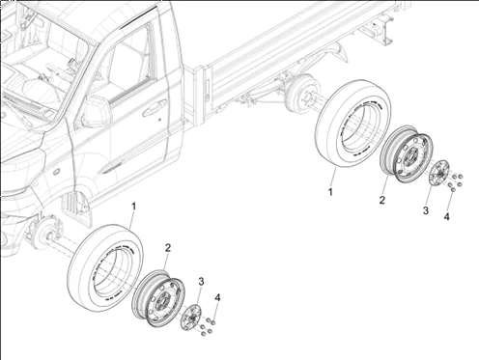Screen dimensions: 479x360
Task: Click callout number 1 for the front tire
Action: (x=133, y=207)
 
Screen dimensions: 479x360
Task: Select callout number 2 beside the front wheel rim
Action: (x=168, y=248)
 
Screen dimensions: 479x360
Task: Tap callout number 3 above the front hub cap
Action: (x=201, y=282)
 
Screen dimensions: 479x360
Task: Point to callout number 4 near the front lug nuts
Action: (x=217, y=297)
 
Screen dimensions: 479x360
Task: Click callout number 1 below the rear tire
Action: (x=330, y=192)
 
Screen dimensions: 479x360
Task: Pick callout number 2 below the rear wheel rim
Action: (x=382, y=200)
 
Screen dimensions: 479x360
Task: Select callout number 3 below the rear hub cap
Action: (x=426, y=210)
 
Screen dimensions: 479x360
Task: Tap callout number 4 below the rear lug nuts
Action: (x=446, y=217)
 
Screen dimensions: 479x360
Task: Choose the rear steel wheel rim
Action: (x=407, y=154)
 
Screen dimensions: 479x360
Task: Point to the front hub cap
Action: (x=191, y=317)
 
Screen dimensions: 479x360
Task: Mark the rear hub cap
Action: (x=439, y=173)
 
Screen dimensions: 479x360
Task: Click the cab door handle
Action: (x=155, y=108)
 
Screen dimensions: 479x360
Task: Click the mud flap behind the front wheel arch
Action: (x=75, y=206)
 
